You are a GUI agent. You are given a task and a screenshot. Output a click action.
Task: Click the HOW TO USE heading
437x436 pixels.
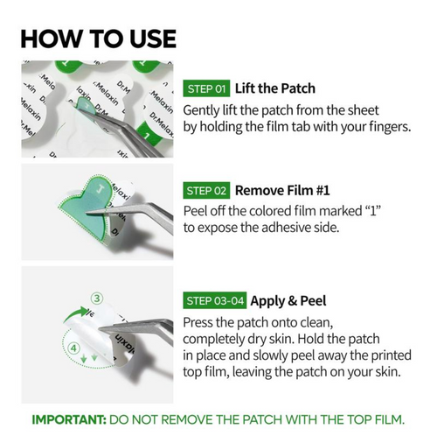point(99,39)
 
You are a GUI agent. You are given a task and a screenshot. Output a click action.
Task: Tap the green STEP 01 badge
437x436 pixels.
point(206,88)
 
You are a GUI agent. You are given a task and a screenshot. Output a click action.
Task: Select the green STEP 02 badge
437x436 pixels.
point(206,191)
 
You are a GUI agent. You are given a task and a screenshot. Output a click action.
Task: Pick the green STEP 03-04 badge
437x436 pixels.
point(215,300)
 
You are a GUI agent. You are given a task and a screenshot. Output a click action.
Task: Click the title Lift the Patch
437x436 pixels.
point(275,88)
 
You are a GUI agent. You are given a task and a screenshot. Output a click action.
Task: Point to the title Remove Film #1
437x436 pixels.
point(282,190)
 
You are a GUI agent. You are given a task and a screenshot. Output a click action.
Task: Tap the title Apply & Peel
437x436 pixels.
point(288,301)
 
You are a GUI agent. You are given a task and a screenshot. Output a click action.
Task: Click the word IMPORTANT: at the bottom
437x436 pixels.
point(69,419)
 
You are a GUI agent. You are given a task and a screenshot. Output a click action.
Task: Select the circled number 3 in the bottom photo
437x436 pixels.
point(97,299)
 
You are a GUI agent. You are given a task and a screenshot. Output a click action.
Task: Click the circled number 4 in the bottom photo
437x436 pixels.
point(74,348)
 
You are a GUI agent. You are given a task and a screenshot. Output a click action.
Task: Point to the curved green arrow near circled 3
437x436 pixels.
point(75,313)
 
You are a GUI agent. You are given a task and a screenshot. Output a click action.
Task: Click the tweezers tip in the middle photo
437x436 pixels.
point(87,213)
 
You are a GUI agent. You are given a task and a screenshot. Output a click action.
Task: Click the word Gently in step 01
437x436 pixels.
point(201,111)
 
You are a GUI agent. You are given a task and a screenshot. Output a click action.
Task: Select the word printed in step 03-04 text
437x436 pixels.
point(391,355)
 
